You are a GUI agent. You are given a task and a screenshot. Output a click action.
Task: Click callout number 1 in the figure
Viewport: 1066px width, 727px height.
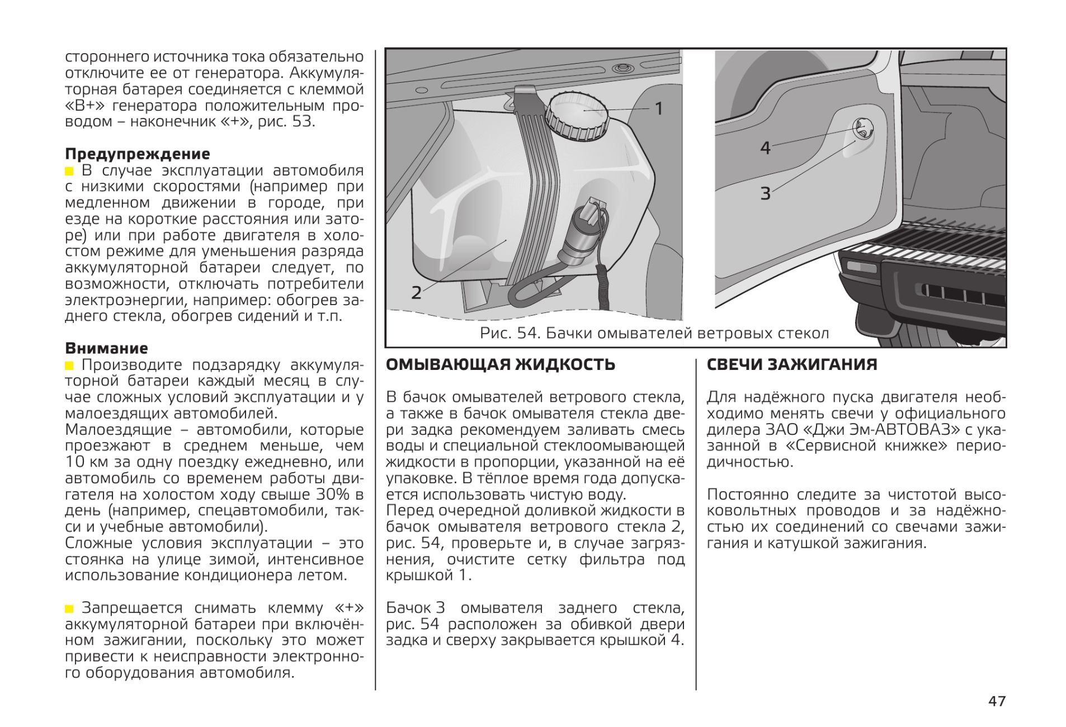[x=659, y=109]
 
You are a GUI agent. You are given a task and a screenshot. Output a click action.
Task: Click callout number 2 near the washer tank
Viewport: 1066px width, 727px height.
[x=416, y=292]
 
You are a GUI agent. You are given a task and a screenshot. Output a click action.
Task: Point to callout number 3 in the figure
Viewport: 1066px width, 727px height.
[x=765, y=194]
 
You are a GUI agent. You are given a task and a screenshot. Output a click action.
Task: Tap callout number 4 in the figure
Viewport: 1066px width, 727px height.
[x=765, y=148]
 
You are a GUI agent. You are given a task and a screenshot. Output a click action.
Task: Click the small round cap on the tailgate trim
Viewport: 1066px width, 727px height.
[x=862, y=130]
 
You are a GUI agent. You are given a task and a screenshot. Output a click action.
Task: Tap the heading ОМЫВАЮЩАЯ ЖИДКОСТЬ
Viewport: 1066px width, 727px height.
[x=501, y=365]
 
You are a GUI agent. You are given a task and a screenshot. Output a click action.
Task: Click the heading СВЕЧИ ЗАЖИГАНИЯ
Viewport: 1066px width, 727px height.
[x=791, y=365]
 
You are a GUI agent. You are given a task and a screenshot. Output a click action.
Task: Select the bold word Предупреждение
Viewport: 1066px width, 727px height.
[x=138, y=154]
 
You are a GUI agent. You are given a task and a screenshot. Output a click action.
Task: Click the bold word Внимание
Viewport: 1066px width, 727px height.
[x=106, y=348]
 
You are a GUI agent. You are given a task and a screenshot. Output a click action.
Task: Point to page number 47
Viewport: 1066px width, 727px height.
[x=997, y=701]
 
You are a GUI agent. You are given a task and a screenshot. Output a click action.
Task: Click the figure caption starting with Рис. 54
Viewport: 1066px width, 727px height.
[x=654, y=334]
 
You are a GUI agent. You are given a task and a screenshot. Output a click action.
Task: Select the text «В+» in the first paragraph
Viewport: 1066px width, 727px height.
[x=84, y=106]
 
